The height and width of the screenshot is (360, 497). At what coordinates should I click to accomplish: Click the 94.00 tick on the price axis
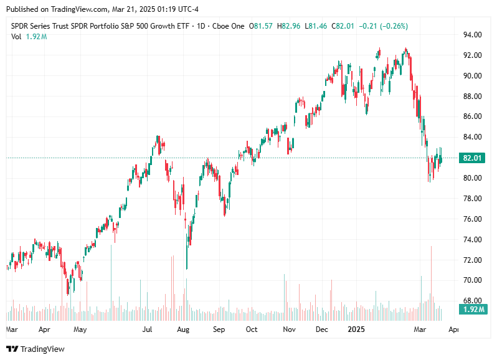pos(471,35)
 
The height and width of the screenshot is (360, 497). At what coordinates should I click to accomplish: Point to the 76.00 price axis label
pos(471,219)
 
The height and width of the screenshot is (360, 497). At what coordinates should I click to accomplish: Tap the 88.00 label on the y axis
pos(471,97)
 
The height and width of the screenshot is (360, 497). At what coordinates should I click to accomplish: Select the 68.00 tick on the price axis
pos(471,301)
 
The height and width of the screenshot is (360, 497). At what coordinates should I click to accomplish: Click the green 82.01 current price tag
pos(471,158)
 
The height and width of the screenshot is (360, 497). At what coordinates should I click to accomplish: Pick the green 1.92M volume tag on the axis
pos(471,309)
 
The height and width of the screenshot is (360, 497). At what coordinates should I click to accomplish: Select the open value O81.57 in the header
pos(261,26)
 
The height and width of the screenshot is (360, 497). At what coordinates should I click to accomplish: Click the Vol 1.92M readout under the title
pos(29,37)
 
